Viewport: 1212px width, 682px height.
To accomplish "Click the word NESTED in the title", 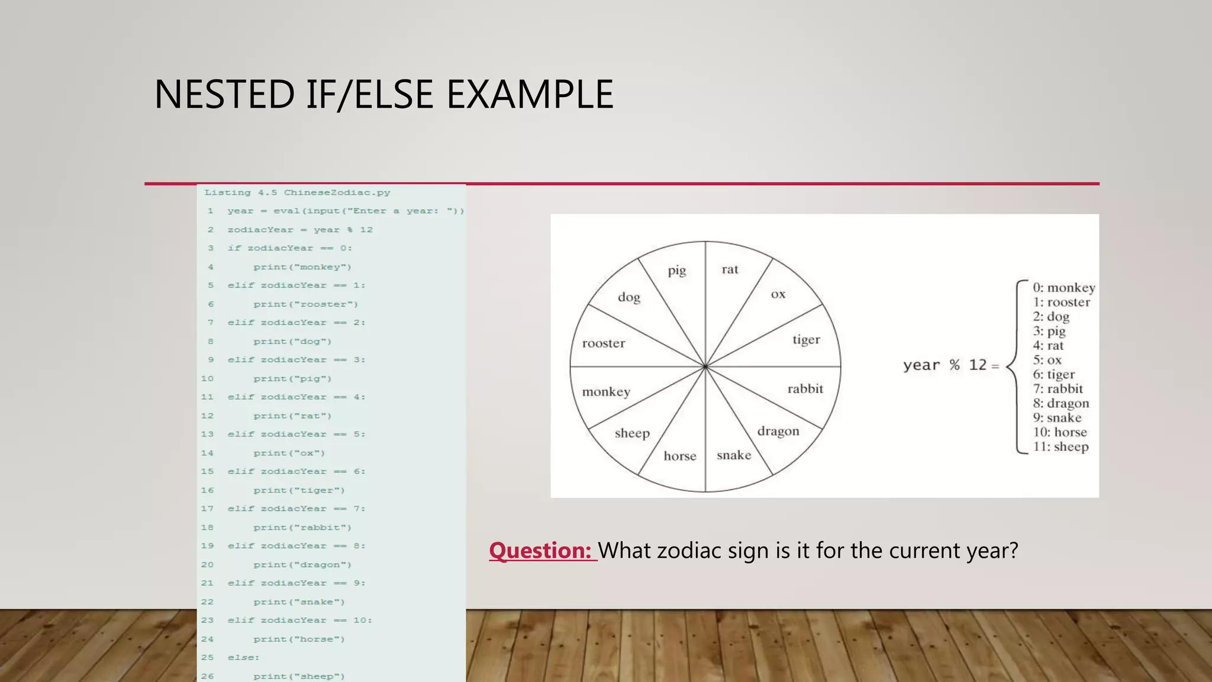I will coord(224,95).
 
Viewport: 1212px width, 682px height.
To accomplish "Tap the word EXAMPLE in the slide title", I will coord(530,95).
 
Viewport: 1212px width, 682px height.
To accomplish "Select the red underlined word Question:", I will coord(540,551).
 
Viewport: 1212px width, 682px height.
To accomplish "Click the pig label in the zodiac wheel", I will coord(677,271).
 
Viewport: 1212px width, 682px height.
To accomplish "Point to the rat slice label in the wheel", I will coord(730,269).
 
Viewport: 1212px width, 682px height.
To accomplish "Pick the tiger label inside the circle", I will coord(806,340).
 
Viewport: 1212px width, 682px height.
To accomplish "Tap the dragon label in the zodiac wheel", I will coord(778,431).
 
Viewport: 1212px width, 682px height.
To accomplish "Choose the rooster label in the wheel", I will coord(603,343).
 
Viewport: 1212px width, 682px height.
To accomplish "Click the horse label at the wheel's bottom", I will coord(680,456).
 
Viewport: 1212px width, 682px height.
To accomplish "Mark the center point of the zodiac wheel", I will coord(705,367).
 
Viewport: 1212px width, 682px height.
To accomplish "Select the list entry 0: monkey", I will coord(1063,288).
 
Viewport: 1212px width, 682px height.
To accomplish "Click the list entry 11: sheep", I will coord(1060,447).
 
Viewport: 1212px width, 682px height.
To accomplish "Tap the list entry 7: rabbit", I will coord(1058,389).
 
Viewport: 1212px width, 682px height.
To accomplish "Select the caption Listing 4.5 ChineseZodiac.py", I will coord(297,192).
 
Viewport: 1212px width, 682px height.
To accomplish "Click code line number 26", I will coord(207,676).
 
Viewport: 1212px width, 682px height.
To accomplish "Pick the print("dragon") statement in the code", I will coord(302,565).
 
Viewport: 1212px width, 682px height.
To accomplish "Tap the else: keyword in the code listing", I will coord(243,658).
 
